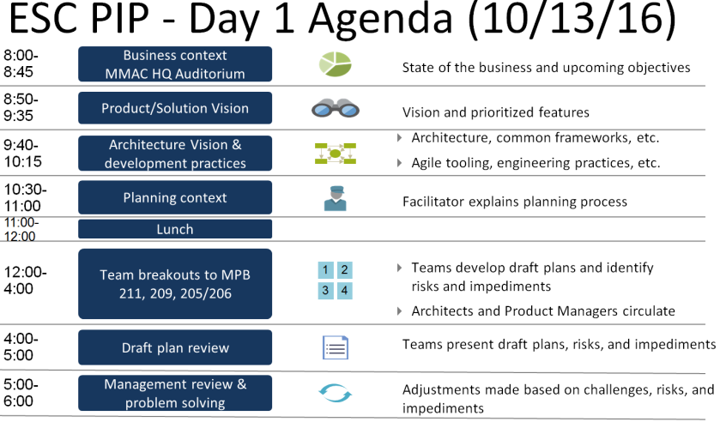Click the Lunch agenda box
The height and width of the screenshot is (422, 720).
tap(175, 229)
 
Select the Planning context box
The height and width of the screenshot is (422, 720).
tap(175, 197)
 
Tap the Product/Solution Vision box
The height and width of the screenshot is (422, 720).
tap(175, 108)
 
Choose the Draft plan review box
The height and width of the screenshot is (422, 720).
tap(175, 347)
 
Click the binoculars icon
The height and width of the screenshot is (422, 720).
tap(336, 109)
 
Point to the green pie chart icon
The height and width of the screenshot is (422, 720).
tap(336, 63)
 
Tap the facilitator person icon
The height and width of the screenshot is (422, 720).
tap(336, 198)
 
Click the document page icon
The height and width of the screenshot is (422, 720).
tap(336, 347)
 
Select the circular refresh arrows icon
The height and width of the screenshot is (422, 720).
tap(336, 393)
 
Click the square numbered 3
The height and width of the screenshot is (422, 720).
tap(325, 290)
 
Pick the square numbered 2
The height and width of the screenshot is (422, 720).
tap(344, 269)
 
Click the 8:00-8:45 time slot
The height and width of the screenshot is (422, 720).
tap(21, 63)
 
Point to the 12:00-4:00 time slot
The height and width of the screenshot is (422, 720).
tap(25, 280)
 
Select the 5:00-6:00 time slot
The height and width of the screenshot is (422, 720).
tap(21, 393)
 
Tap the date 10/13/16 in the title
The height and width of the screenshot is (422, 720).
tap(572, 19)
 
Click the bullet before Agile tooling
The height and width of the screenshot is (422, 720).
tap(400, 163)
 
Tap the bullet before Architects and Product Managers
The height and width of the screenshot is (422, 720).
tap(400, 311)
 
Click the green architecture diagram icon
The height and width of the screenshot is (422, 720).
tap(336, 154)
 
